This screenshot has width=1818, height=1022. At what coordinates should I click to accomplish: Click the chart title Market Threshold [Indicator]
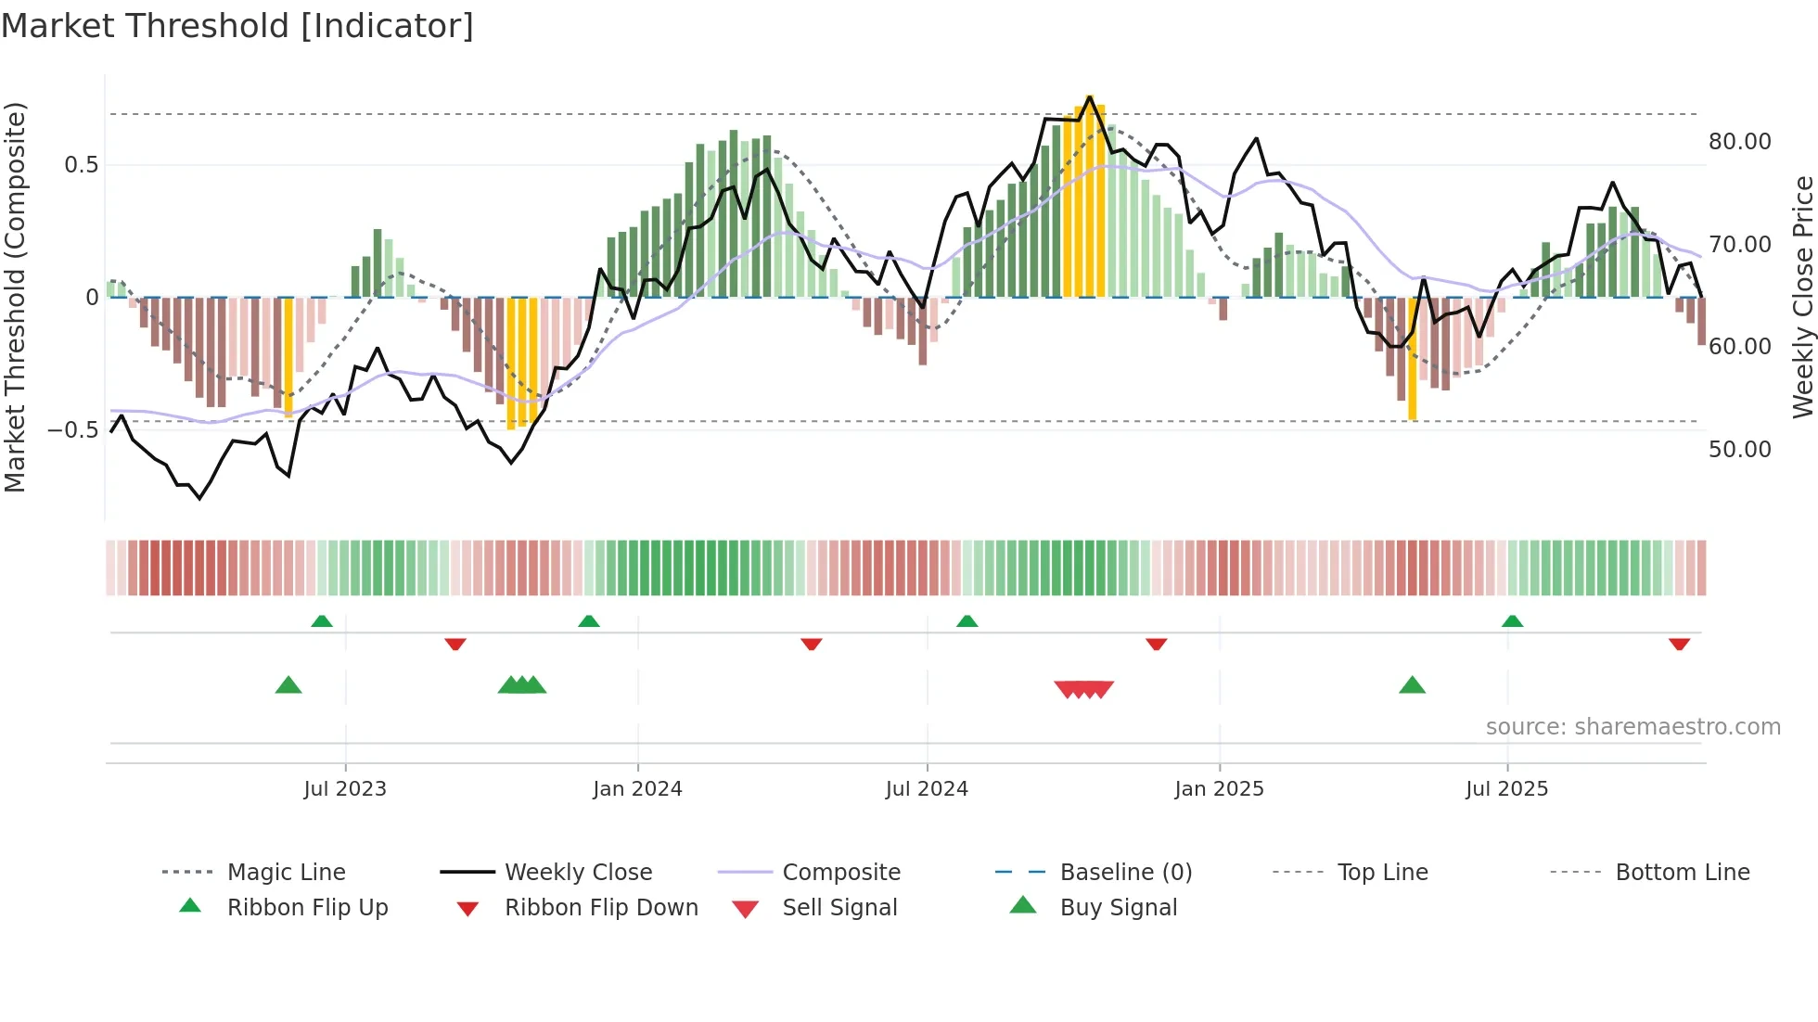[237, 26]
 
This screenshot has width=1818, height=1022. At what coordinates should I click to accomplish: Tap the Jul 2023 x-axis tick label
[345, 789]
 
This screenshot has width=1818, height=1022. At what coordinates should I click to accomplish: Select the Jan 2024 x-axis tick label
[637, 789]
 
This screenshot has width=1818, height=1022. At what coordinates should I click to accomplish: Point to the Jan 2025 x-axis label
[1219, 789]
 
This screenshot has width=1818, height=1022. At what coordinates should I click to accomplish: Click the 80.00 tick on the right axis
[1739, 142]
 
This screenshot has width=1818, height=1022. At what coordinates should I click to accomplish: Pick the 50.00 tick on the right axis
[1739, 450]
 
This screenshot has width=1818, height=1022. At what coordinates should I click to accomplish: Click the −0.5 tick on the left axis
[72, 430]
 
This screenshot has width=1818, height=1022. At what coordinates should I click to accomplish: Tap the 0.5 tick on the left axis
[81, 165]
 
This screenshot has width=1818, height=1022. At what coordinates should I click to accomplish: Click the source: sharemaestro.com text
[1632, 727]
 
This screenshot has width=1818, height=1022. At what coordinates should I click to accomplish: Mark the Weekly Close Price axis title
[1802, 297]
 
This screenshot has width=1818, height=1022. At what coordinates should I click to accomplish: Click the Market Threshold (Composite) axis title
[15, 297]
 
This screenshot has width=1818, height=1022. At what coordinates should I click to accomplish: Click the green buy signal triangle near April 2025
[1412, 686]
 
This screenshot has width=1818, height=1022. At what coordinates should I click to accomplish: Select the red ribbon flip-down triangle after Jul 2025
[1679, 644]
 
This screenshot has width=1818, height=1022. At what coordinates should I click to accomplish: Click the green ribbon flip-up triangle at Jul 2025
[1512, 621]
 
